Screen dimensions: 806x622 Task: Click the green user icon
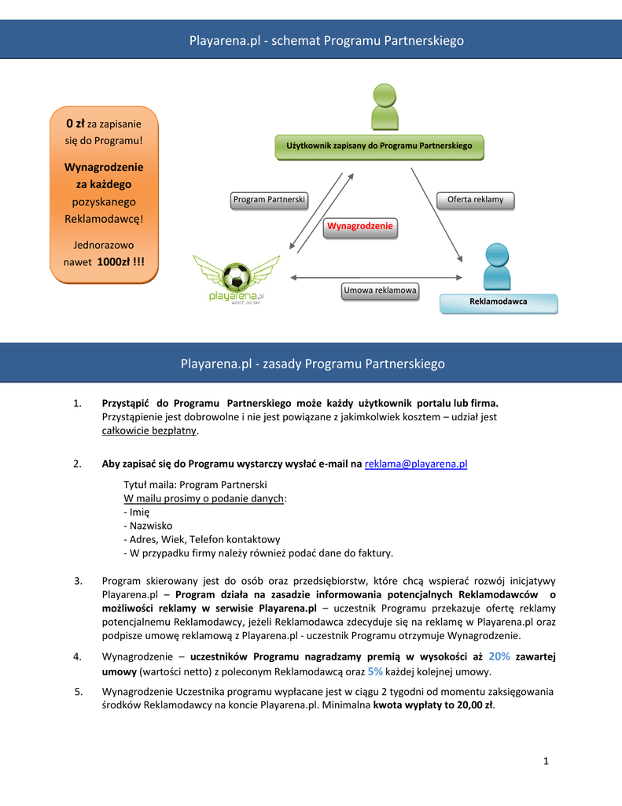pos(385,107)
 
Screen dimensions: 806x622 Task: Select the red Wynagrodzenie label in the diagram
pos(360,227)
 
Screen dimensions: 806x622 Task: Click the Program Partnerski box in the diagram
pos(270,200)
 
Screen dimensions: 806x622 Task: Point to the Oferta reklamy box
pos(475,200)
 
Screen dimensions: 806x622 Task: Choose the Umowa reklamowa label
pos(380,291)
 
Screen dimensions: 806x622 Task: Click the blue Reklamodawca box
pos(498,302)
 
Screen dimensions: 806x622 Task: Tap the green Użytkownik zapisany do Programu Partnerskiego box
pos(379,146)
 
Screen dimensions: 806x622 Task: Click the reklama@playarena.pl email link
pos(416,464)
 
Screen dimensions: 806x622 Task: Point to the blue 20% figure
pos(499,656)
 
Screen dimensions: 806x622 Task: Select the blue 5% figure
pos(375,671)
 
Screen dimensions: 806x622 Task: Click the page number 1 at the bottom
pos(544,760)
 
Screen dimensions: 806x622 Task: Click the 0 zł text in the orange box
pos(75,124)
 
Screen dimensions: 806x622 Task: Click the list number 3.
pos(79,581)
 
